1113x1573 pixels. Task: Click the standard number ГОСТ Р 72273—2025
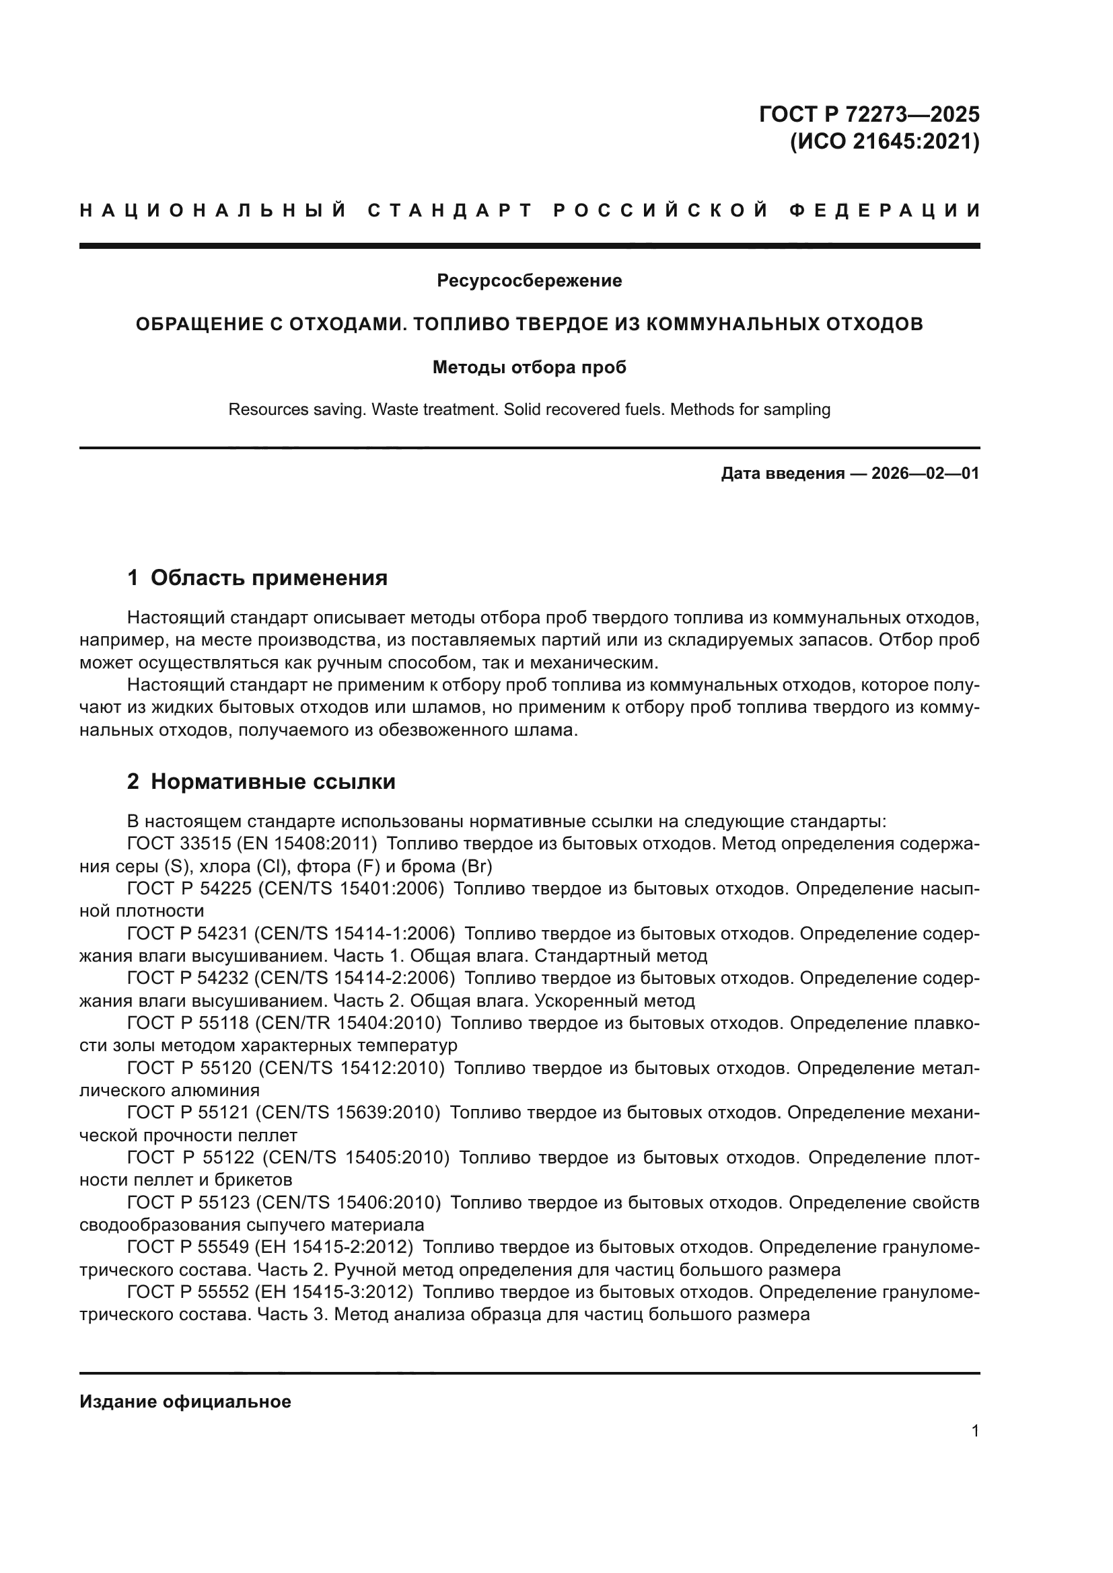pos(868,114)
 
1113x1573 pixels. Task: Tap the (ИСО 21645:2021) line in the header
pos(884,142)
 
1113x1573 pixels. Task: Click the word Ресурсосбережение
pos(529,280)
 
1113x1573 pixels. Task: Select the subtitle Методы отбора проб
pos(529,367)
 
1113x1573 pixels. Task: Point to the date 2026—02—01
pos(925,473)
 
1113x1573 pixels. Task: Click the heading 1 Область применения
pos(257,578)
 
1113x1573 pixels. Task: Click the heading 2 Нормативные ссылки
pos(261,781)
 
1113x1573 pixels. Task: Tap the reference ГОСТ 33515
pos(179,843)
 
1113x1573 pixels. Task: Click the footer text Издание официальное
pos(185,1402)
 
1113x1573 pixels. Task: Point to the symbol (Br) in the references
pos(478,867)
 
